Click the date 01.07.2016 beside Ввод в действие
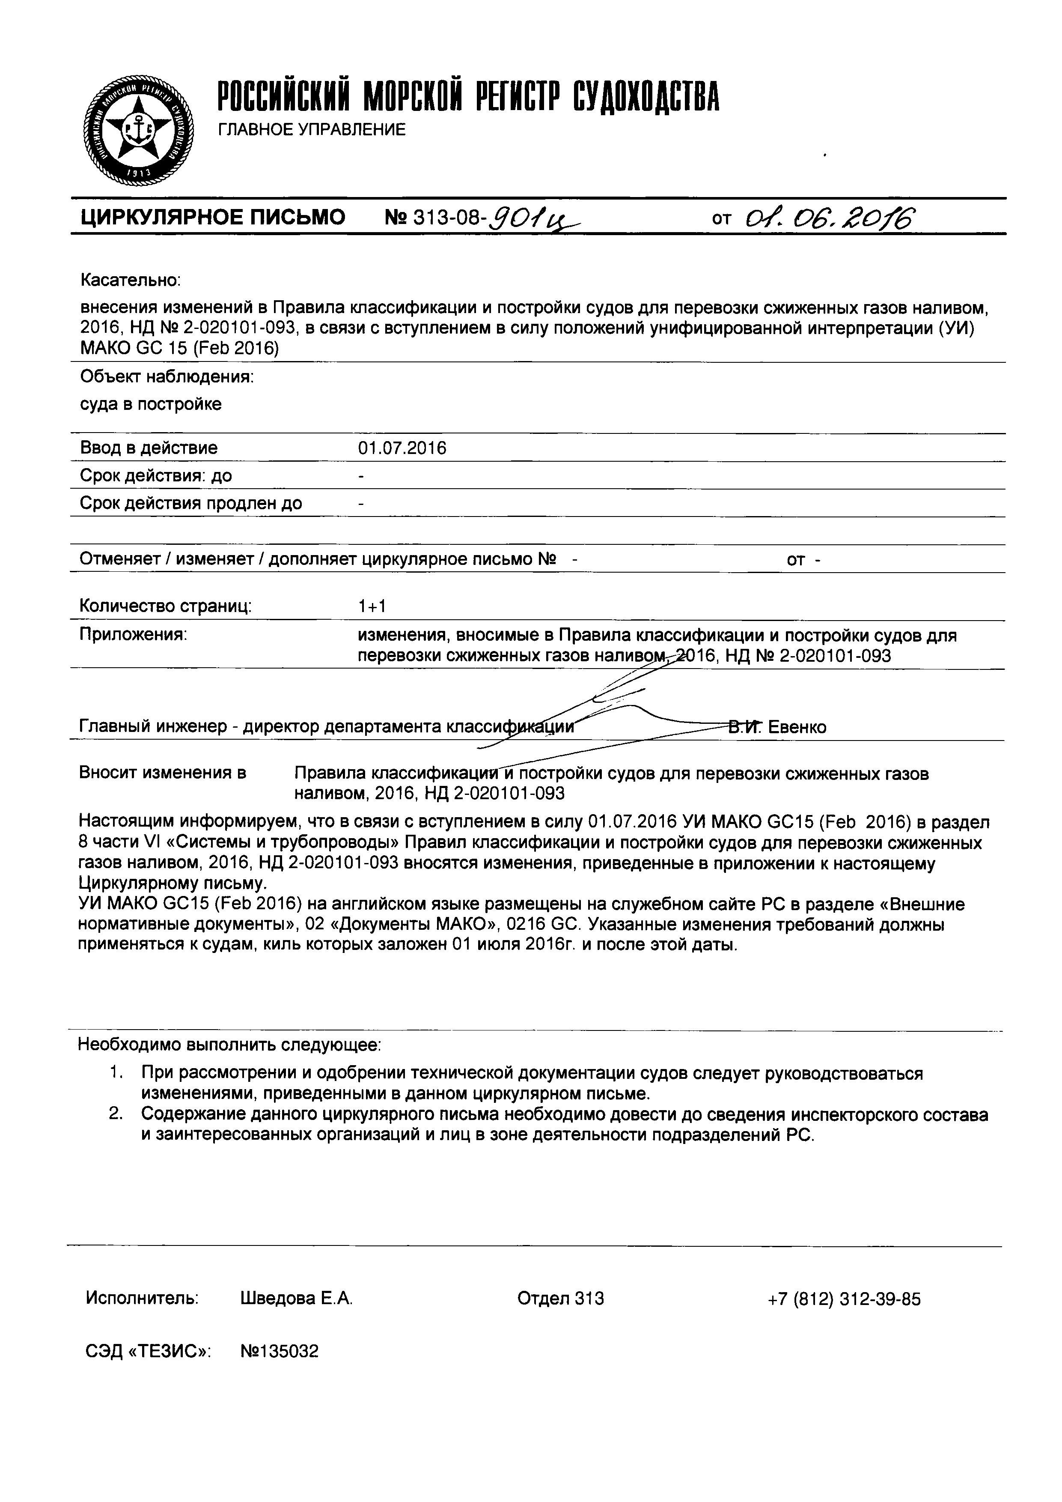tap(402, 448)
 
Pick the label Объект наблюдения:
tap(167, 377)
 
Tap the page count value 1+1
tap(372, 606)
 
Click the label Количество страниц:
tap(166, 606)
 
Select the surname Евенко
tap(797, 727)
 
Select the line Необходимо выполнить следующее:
tap(229, 1045)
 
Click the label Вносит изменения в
tap(162, 773)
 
